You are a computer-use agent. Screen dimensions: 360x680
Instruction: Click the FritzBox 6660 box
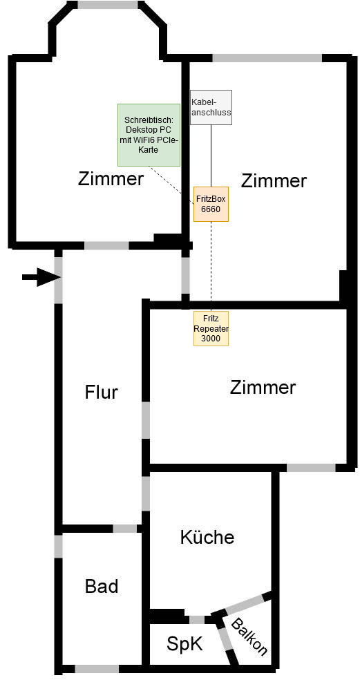211,205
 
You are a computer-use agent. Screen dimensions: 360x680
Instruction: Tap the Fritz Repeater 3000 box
211,328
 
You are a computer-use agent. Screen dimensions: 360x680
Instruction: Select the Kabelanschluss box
211,108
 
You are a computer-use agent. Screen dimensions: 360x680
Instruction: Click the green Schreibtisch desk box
149,135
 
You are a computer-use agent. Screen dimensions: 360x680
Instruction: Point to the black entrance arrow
41,277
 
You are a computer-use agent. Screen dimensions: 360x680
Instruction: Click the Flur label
101,393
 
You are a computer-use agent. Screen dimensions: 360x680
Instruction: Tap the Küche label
207,537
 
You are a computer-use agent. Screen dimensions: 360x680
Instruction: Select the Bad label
102,586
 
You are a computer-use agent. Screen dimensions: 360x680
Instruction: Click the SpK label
184,644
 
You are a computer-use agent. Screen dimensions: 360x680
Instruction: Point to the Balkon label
249,636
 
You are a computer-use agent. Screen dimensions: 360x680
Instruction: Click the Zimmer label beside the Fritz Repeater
263,387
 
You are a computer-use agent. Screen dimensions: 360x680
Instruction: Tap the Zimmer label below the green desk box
111,178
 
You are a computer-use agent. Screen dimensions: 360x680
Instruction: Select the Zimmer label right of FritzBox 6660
274,180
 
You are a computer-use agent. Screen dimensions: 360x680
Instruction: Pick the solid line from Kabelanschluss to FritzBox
211,156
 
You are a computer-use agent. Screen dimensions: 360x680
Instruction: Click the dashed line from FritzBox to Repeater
211,266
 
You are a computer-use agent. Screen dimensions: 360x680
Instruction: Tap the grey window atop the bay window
108,5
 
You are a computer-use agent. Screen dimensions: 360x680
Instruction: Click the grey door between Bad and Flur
125,529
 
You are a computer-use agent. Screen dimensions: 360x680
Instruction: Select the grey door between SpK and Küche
198,619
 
